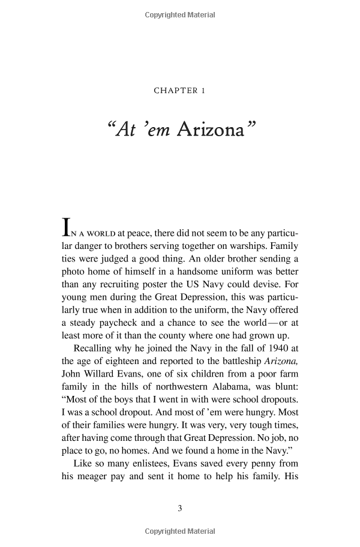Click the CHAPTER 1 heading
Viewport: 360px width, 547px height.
pyautogui.click(x=180, y=91)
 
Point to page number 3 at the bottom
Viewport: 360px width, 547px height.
pyautogui.click(x=180, y=509)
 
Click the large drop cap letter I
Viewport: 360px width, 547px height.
pyautogui.click(x=67, y=228)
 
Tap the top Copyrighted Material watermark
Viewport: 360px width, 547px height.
pyautogui.click(x=180, y=15)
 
